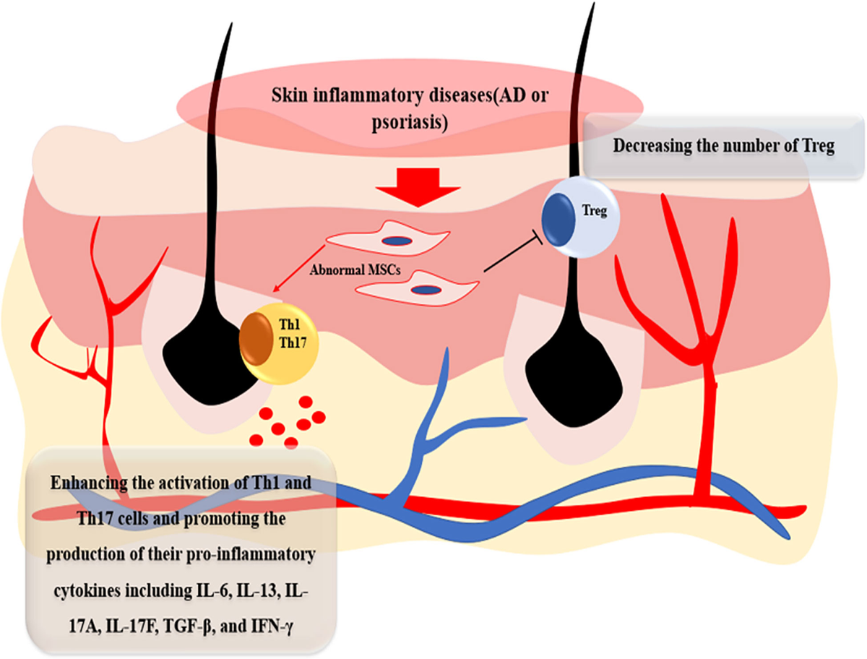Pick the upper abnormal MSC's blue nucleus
point(397,240)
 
